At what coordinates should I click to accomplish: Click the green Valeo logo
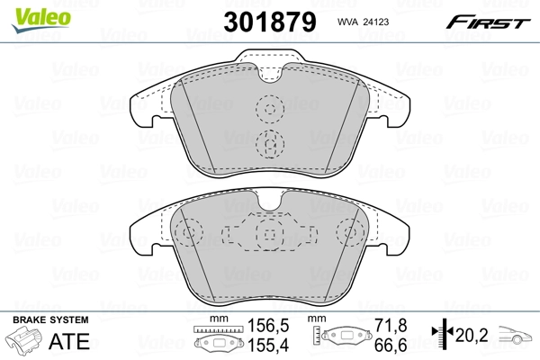(41, 20)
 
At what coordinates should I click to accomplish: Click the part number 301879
(270, 22)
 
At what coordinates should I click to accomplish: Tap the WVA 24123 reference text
(363, 22)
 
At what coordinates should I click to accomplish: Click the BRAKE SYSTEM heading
(50, 320)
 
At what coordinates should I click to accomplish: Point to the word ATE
(69, 341)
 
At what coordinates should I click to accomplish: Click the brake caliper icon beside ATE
(24, 339)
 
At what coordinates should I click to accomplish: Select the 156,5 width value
(268, 326)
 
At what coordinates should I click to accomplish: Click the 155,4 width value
(268, 345)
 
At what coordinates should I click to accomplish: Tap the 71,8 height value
(391, 326)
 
